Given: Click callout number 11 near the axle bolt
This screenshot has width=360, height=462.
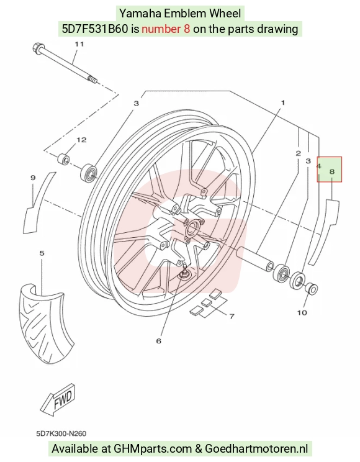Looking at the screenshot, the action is [x=79, y=44].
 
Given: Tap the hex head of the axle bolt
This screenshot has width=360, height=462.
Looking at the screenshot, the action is [x=37, y=48].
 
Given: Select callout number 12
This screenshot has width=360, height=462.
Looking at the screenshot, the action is [x=81, y=140].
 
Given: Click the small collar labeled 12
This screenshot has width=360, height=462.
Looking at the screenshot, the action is [x=63, y=159].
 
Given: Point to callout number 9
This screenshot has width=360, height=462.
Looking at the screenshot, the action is [x=33, y=178].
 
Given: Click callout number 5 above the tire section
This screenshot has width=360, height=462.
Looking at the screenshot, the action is [x=42, y=253].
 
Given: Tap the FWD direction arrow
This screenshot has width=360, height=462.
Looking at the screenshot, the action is [x=58, y=399].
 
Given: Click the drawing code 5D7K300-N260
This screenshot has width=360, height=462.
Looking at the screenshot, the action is [x=61, y=433].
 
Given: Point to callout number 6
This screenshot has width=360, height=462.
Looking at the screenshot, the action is [x=159, y=341].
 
